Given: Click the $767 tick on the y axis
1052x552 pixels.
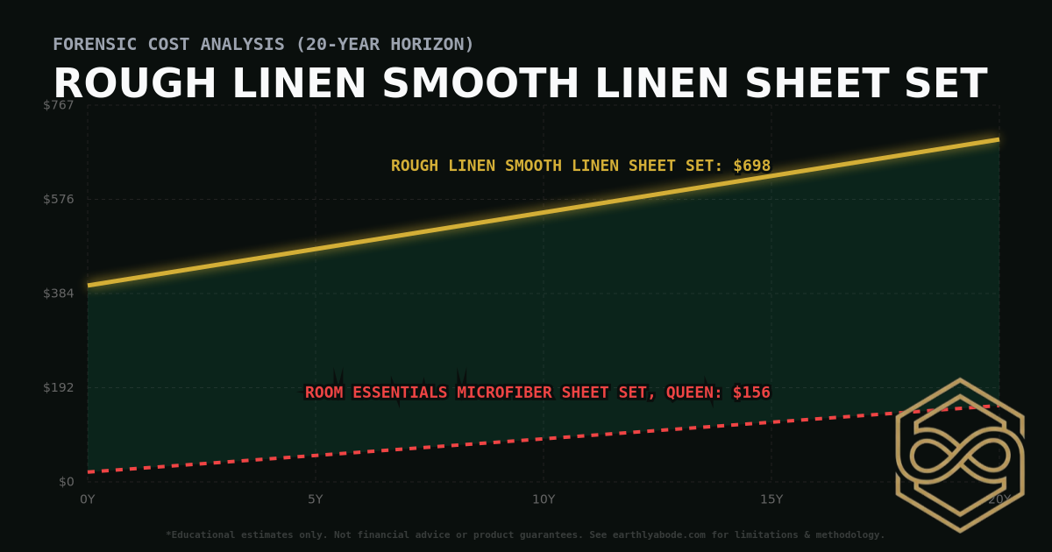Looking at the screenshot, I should (59, 105).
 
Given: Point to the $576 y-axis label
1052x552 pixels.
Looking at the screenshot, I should (59, 199).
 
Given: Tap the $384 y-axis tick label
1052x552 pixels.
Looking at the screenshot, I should (59, 293).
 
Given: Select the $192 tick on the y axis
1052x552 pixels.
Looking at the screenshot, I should (59, 387).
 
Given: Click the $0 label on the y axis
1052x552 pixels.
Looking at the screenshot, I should (66, 481).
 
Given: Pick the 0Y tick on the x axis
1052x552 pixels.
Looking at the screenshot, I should (88, 499).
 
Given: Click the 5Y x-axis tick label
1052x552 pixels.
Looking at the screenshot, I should (316, 499).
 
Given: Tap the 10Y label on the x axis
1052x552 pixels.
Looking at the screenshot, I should (544, 499).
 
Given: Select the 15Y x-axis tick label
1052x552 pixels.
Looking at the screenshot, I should (771, 499).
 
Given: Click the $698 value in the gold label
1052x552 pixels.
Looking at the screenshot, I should (751, 166).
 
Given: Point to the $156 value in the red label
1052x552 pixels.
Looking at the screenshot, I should (751, 393).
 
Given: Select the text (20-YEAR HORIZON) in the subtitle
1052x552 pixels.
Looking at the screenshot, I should (385, 44).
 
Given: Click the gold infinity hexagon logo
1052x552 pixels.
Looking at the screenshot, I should (959, 456).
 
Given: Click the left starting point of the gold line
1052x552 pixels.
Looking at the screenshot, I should (89, 285).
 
